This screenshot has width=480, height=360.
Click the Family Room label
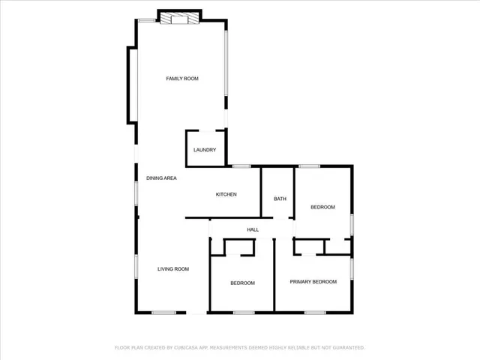coord(181,79)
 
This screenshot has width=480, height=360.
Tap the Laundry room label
coord(205,150)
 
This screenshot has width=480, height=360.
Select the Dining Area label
coord(161,178)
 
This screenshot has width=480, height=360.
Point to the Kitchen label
coord(226,194)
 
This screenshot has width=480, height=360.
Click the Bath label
coord(280,199)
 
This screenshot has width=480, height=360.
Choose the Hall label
coord(253,229)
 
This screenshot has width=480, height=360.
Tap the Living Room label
coord(172,268)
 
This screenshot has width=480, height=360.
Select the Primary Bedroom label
coord(313,281)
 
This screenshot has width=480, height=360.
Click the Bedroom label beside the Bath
coord(322,206)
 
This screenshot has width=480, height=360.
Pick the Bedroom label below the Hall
coord(242,283)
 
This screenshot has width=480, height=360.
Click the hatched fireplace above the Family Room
coord(180,17)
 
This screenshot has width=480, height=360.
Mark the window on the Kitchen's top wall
coord(241,166)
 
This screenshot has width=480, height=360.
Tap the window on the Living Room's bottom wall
coord(163,312)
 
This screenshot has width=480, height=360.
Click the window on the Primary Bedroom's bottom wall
coord(314,312)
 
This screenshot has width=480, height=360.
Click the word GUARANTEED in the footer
coord(347,348)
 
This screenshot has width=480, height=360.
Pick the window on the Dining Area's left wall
coord(136,193)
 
